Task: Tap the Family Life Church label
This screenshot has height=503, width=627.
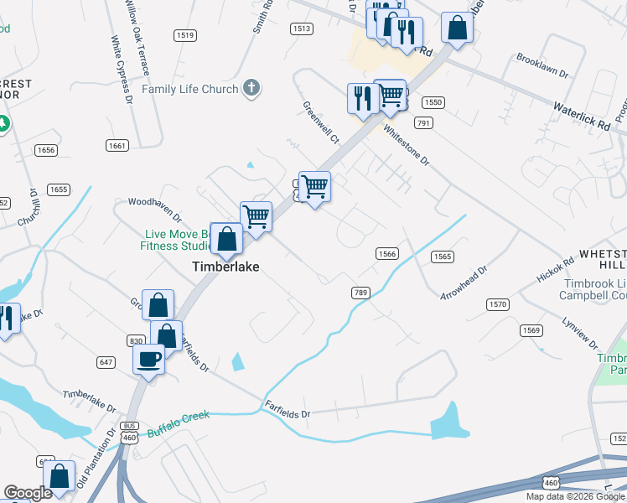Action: tap(189, 89)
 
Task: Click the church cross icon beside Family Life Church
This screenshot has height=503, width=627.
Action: tap(251, 87)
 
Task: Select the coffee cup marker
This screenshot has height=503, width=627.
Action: tap(149, 360)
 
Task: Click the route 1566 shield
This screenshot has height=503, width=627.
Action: tap(386, 253)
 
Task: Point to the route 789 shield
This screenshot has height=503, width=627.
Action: tap(360, 292)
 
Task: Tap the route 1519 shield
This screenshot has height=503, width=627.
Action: tap(185, 34)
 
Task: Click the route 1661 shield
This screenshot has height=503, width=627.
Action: tap(117, 146)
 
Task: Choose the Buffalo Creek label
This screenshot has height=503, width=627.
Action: tap(178, 424)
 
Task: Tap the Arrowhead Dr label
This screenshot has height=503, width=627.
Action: tap(464, 283)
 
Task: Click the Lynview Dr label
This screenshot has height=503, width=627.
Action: tap(581, 333)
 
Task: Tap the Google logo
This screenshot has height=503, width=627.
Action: tap(28, 493)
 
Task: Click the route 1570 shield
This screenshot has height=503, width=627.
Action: tap(496, 303)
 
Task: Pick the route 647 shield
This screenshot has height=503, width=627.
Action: tap(106, 362)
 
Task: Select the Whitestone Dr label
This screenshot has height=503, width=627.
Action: tap(406, 145)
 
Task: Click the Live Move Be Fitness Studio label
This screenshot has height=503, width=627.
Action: tap(176, 240)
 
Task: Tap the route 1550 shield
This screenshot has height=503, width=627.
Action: tap(433, 102)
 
